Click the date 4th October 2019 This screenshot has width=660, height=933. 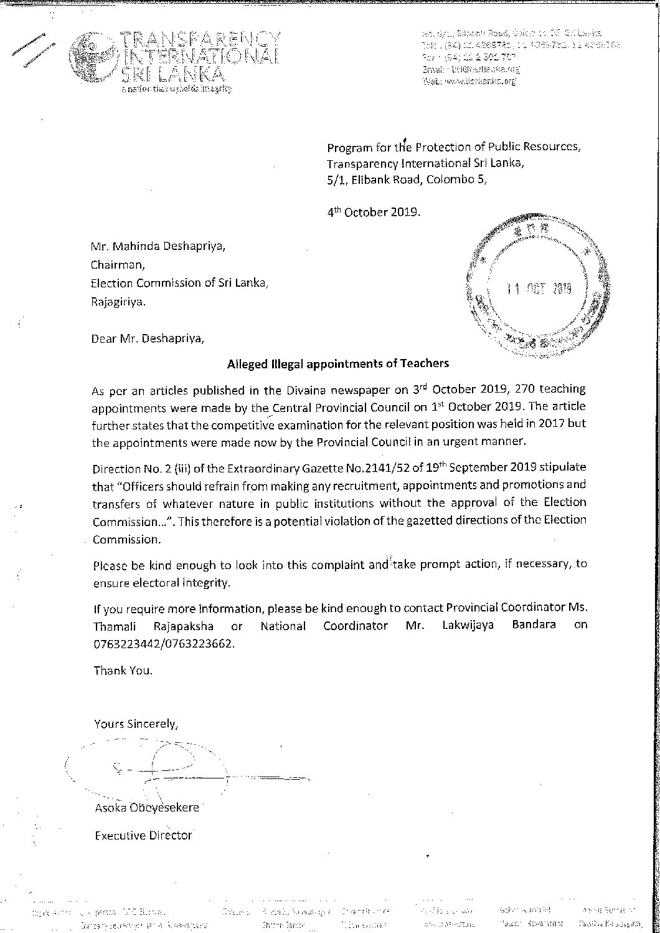[x=374, y=211]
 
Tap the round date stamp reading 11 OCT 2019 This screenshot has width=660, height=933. [x=537, y=289]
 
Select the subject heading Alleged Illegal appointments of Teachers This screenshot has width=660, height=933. [x=337, y=363]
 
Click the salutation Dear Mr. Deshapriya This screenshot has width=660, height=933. [x=147, y=339]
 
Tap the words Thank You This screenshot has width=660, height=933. [x=123, y=671]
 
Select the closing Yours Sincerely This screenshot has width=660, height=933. [x=136, y=724]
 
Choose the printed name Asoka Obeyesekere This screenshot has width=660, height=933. [x=146, y=807]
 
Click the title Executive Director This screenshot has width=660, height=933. [x=143, y=835]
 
